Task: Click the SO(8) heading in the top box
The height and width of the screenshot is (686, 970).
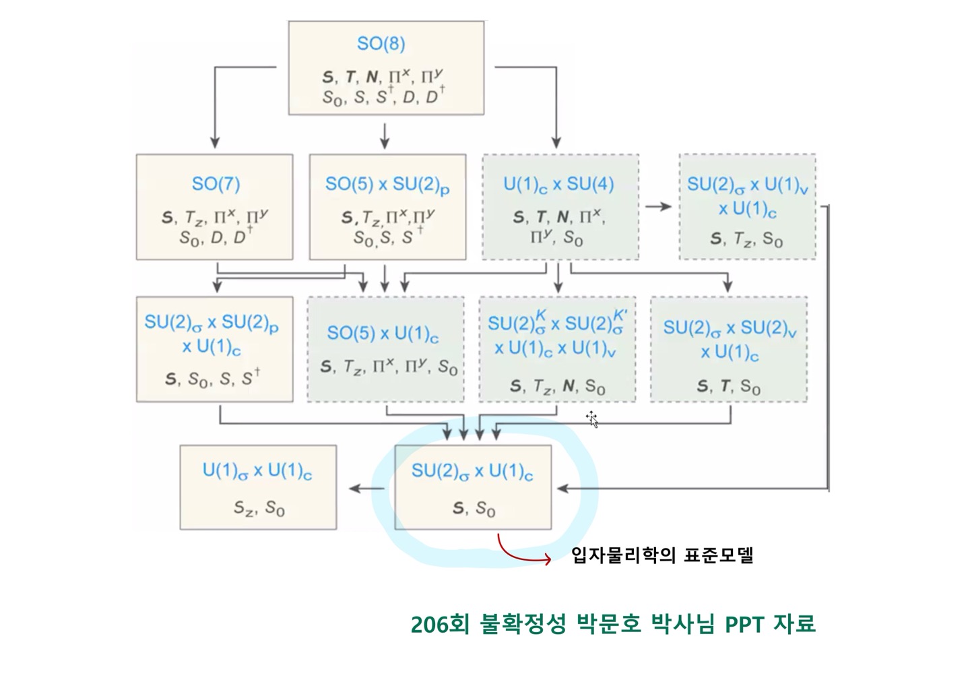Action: coord(381,44)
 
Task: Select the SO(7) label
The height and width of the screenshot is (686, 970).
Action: coord(216,184)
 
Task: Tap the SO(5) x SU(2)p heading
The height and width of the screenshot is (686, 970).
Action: coord(387,185)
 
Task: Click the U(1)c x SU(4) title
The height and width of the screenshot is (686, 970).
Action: coord(558,185)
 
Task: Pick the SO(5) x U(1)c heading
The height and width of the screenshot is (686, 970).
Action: coord(383,334)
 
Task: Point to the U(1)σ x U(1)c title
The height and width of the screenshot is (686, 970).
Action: coord(257,471)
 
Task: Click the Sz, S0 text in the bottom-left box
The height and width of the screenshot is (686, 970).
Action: coord(259,507)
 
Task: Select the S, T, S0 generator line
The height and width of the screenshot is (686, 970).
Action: coord(728,386)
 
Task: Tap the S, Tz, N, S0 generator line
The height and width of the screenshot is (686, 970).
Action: coord(557,386)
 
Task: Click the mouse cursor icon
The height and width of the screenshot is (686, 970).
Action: coord(592,418)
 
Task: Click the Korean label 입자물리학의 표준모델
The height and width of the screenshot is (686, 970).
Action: coord(662,556)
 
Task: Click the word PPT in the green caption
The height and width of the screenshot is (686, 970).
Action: coord(745,624)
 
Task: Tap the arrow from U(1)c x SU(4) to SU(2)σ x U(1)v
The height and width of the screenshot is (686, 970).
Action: coord(658,206)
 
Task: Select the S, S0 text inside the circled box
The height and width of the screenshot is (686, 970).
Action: coord(474,508)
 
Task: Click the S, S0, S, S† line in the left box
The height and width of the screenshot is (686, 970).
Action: coord(213,379)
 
